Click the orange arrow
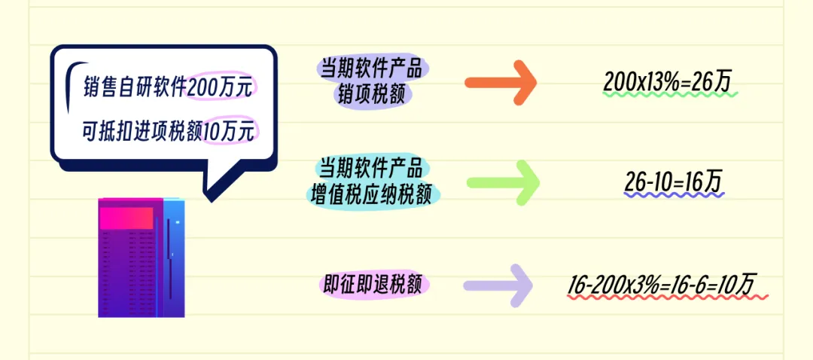501,81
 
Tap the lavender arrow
501,285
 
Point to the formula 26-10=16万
673,181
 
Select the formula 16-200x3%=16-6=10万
662,284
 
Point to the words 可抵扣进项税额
142,132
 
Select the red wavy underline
667,297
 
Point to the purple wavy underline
674,194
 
